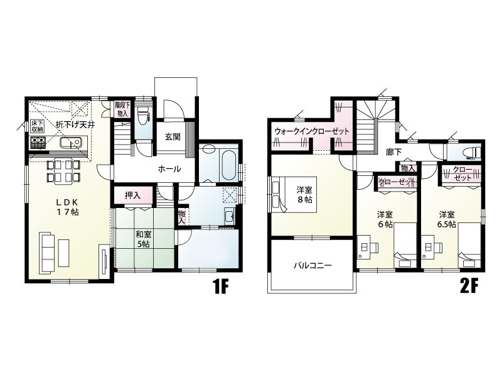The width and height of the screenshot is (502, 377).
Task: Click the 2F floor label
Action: (x=469, y=286)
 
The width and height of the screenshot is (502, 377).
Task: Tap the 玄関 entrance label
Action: (x=173, y=137)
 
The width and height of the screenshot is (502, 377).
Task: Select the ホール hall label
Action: (x=169, y=169)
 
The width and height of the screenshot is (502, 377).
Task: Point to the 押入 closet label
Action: (x=132, y=195)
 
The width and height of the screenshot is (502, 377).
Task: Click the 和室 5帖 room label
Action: (x=144, y=239)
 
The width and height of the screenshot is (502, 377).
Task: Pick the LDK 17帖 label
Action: (x=68, y=207)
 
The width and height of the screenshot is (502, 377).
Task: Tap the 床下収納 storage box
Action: (x=38, y=127)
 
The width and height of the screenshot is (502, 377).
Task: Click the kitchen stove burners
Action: (x=38, y=142)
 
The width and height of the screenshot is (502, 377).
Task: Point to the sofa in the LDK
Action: (x=47, y=253)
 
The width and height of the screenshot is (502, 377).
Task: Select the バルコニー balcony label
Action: (x=312, y=265)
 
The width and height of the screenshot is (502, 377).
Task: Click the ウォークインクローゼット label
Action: (x=311, y=131)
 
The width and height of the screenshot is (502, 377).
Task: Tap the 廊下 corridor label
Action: (x=393, y=152)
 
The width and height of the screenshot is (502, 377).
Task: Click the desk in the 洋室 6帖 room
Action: (x=364, y=247)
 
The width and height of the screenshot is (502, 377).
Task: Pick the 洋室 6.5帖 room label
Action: (x=447, y=219)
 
